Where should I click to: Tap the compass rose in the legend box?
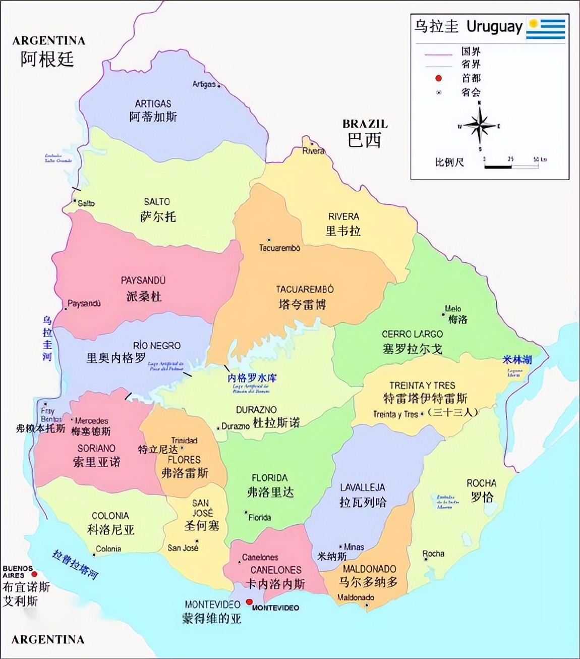480,126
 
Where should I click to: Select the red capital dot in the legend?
438,78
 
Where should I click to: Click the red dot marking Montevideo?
249,601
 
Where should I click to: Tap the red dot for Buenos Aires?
34,574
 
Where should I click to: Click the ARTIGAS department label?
153,103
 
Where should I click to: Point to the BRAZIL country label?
365,124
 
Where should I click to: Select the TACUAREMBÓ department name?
305,290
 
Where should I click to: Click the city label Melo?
453,309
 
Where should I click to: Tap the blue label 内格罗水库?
252,378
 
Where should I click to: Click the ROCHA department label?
481,483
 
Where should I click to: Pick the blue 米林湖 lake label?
516,360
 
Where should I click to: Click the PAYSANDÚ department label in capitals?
143,281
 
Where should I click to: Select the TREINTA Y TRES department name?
422,385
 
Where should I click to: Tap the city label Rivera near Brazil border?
313,151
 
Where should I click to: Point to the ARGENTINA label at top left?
48,41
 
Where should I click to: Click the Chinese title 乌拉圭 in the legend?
436,26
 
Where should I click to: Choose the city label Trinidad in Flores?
184,440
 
